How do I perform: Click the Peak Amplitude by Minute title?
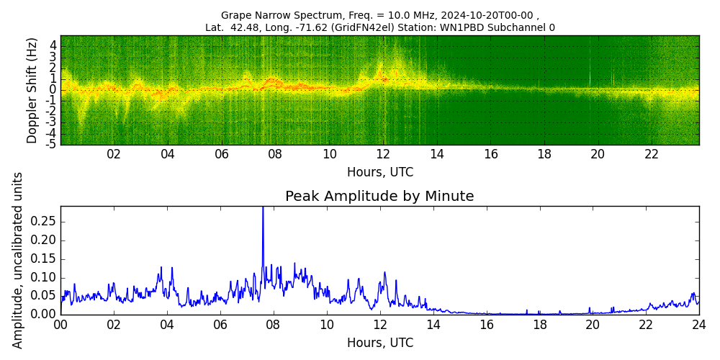[x=379, y=197]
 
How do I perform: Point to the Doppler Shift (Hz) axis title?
[x=32, y=90]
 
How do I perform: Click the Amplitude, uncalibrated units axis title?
[x=18, y=260]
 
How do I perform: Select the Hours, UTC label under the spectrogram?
[x=379, y=173]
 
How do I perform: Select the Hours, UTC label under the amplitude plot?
[x=379, y=343]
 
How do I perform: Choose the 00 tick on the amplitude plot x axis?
[x=60, y=325]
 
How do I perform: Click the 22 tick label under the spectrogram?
[x=652, y=154]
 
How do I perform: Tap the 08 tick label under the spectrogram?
[x=275, y=154]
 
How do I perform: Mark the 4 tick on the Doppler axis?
[x=53, y=45]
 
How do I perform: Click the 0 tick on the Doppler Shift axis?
[x=53, y=89]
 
